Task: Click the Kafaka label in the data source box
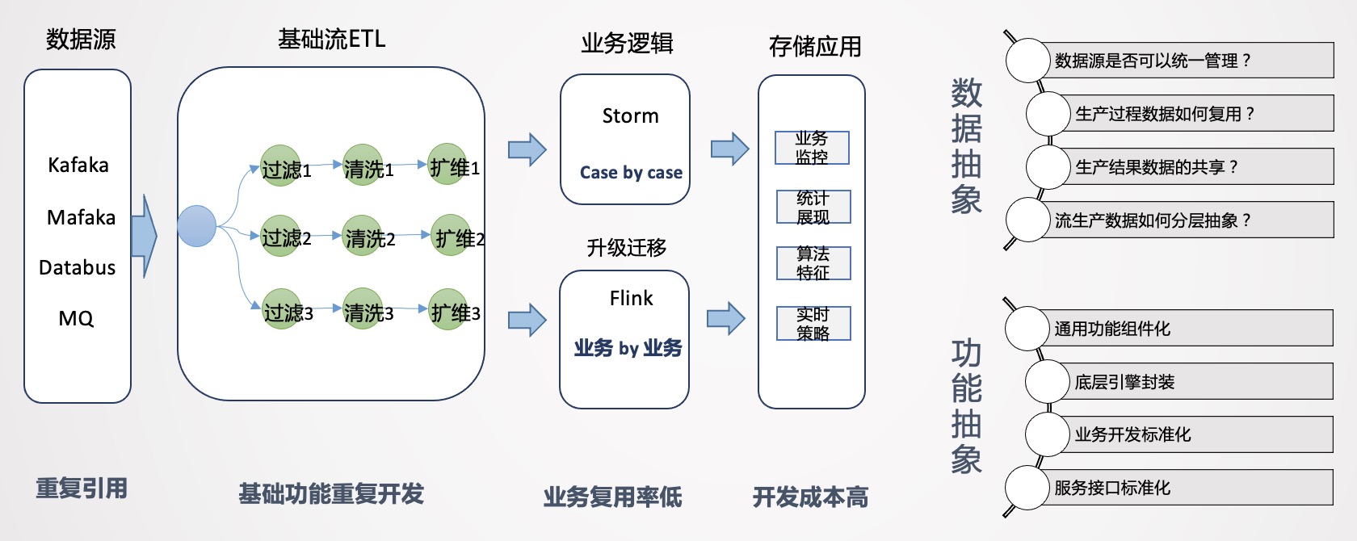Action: [x=78, y=166]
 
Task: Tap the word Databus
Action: [x=78, y=268]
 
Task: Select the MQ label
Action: [x=76, y=319]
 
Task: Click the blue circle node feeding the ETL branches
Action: [x=196, y=226]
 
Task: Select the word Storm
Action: [x=630, y=116]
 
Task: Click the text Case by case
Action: [x=631, y=173]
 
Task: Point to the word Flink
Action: [x=631, y=299]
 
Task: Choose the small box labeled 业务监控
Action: [x=812, y=148]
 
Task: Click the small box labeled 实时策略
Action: [x=813, y=323]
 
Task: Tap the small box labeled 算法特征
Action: [x=813, y=263]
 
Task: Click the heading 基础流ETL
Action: [x=331, y=39]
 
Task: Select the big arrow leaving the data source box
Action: [x=144, y=236]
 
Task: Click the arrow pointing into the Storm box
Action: [x=527, y=149]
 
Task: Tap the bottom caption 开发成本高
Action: [x=810, y=497]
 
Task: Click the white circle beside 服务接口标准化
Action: [x=1027, y=488]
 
